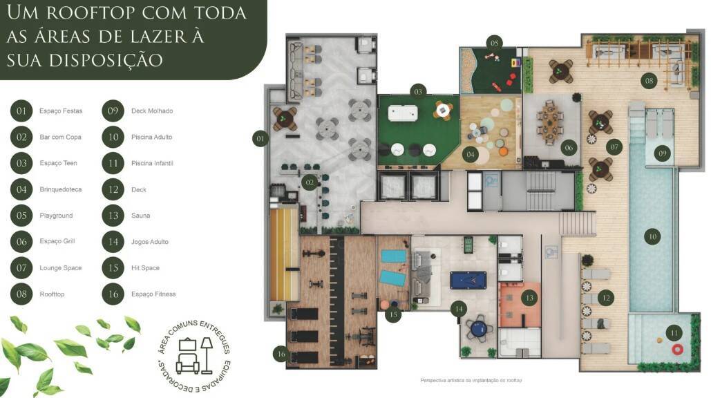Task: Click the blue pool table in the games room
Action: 468,280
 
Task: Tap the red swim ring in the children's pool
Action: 677,349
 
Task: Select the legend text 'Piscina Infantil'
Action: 152,163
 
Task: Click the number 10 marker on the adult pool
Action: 652,236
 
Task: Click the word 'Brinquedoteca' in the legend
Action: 60,189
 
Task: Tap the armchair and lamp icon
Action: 195,356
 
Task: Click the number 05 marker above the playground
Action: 494,43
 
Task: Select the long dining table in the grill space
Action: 550,122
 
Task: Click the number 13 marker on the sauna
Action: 529,298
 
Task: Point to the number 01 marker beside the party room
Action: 260,138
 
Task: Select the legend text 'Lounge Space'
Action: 60,268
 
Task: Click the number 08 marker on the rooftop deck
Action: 650,81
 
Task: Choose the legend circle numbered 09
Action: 113,111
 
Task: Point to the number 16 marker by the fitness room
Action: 282,354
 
